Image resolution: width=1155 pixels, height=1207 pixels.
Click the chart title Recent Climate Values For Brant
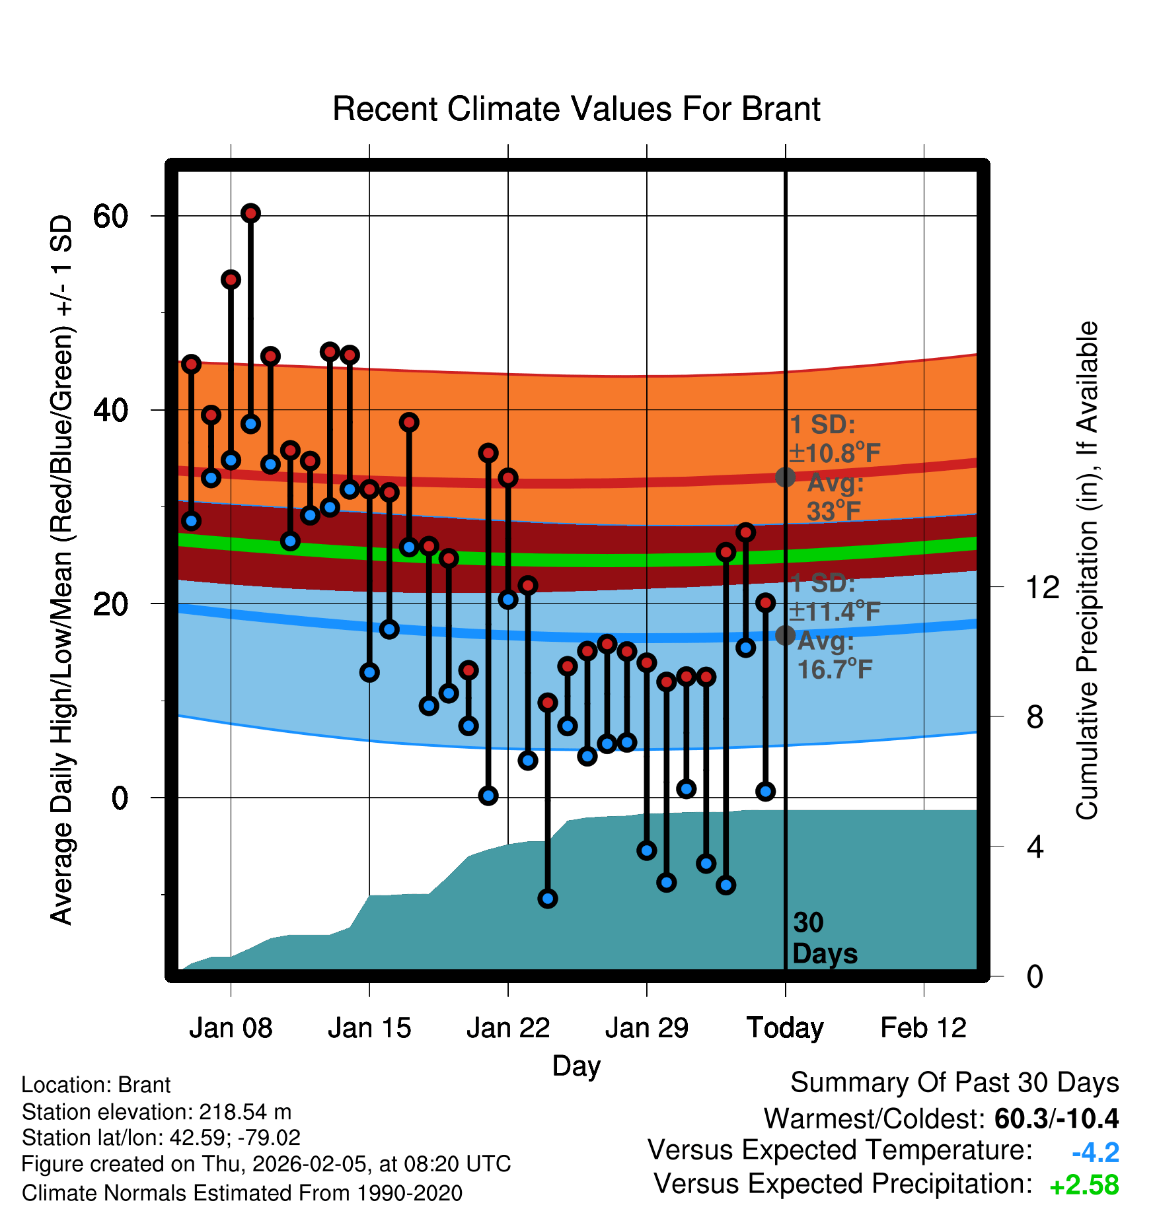576,109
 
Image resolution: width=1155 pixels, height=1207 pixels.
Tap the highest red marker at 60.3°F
250,213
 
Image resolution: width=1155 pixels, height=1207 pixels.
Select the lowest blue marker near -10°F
548,898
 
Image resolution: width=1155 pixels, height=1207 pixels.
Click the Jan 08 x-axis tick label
231,1028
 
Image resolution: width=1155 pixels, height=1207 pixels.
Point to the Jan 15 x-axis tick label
369,1028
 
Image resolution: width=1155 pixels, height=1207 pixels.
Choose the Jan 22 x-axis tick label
508,1028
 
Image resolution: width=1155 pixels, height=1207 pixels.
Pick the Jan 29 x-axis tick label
647,1028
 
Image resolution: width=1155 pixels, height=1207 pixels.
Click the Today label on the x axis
785,1028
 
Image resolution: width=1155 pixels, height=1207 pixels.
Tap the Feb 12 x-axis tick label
924,1028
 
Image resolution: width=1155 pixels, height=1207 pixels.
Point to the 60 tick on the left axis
110,216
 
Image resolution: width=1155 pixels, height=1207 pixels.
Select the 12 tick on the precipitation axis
1043,587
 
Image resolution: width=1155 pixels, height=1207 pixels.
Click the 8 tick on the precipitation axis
1035,716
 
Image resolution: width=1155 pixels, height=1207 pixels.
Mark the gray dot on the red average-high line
785,477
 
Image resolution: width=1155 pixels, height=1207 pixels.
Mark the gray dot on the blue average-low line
785,635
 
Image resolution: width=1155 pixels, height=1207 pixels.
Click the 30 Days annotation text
824,938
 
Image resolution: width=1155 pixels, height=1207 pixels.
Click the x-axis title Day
576,1066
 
